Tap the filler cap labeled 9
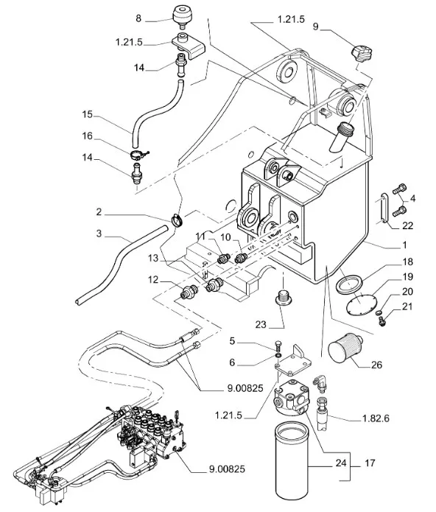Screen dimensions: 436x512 362,55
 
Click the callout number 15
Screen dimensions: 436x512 88,115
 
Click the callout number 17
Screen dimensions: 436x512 370,463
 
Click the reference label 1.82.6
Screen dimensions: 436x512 376,418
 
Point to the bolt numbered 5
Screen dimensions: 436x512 278,346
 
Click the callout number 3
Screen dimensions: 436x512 99,234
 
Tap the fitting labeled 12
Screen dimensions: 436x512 189,290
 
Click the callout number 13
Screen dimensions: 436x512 153,258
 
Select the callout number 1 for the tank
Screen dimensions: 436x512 404,245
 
